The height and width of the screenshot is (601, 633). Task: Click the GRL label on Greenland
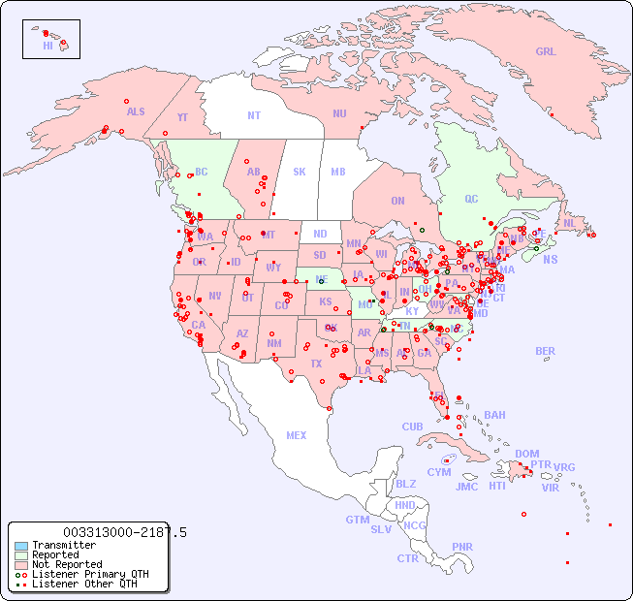[546, 52]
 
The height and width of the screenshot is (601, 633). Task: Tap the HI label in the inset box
[47, 46]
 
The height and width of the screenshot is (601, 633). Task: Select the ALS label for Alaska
[136, 111]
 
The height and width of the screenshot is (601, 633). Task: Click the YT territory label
[182, 116]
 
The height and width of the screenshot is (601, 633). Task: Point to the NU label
[339, 113]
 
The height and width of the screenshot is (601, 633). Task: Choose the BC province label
[202, 172]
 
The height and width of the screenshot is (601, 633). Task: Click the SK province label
[300, 172]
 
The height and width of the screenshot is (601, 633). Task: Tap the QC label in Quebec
[471, 199]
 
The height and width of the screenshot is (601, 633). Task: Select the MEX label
[297, 435]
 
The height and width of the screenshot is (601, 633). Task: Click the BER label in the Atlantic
[546, 351]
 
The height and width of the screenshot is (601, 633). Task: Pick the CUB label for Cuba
[412, 427]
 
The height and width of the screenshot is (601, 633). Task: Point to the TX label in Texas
[316, 364]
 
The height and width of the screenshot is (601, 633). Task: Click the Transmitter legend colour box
[21, 546]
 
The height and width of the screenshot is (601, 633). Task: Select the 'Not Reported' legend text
[67, 564]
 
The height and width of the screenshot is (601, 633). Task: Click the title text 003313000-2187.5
[125, 532]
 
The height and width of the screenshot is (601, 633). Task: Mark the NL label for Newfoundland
[570, 222]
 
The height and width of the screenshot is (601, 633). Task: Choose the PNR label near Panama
[462, 547]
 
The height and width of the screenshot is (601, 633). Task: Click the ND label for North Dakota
[320, 234]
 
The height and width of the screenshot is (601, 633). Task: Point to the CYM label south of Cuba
[439, 472]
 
